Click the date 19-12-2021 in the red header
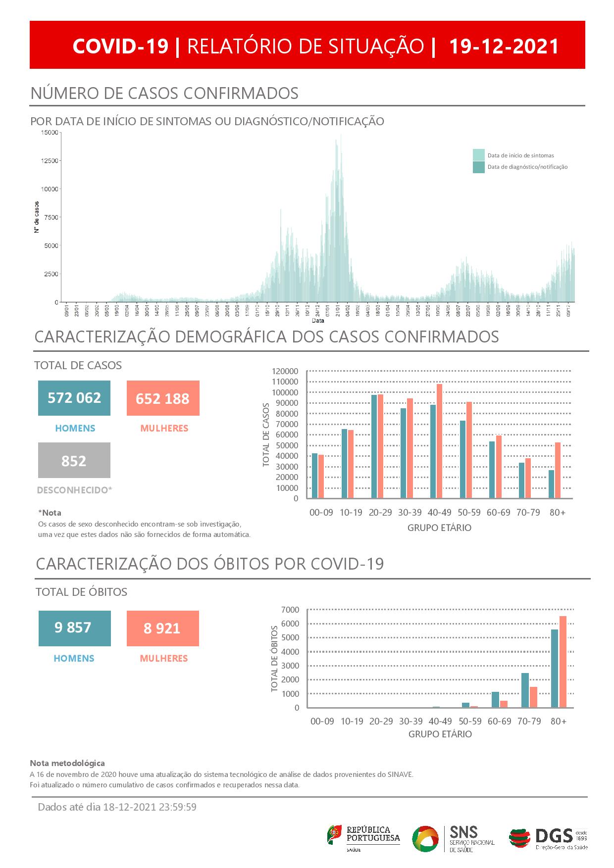click(x=504, y=46)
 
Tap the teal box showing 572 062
click(x=74, y=398)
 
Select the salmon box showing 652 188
click(x=163, y=398)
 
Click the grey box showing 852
click(x=74, y=461)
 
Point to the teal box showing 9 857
click(x=74, y=628)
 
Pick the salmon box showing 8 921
click(x=162, y=628)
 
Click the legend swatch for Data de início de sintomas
click(x=478, y=155)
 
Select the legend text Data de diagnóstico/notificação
click(x=527, y=167)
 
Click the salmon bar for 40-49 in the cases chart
click(x=439, y=441)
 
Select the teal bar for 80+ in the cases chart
click(x=551, y=484)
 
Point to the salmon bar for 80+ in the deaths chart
click(x=563, y=662)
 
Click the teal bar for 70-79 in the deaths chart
click(x=525, y=690)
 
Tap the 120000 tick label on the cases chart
click(x=285, y=371)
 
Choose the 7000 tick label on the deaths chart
click(x=291, y=609)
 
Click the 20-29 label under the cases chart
click(x=380, y=513)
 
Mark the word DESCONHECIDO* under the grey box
click(x=75, y=490)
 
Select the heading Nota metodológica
click(x=67, y=764)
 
